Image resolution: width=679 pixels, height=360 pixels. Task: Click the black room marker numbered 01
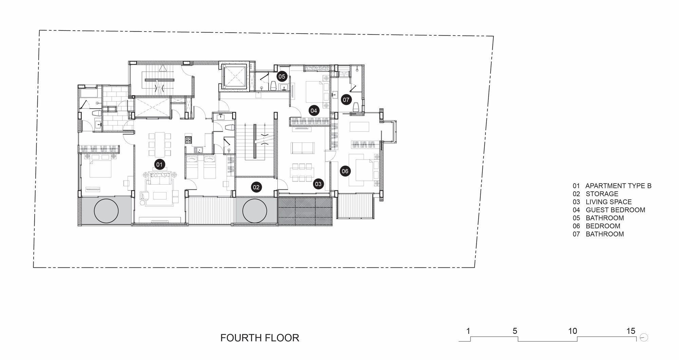pyautogui.click(x=159, y=165)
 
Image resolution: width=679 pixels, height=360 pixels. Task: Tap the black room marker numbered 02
pyautogui.click(x=256, y=187)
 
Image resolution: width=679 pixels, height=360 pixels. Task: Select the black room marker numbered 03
pyautogui.click(x=318, y=184)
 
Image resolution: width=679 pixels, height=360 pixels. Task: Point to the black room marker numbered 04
pyautogui.click(x=313, y=110)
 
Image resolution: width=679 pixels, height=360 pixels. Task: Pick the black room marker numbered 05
pyautogui.click(x=282, y=76)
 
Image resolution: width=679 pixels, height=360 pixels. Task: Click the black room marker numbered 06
pyautogui.click(x=345, y=171)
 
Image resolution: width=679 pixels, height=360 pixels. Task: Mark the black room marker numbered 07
pyautogui.click(x=346, y=100)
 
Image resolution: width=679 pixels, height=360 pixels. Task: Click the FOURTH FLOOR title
pyautogui.click(x=260, y=338)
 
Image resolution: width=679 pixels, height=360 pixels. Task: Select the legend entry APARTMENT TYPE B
pyautogui.click(x=618, y=186)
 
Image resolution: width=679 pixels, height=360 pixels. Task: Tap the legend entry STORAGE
pyautogui.click(x=602, y=194)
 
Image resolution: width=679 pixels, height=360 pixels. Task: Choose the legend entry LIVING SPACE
pyautogui.click(x=609, y=202)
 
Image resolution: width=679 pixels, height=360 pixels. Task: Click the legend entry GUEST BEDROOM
pyautogui.click(x=616, y=210)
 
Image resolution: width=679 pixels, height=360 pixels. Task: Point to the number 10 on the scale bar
pyautogui.click(x=572, y=331)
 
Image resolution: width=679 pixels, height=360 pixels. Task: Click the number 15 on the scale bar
pyautogui.click(x=631, y=331)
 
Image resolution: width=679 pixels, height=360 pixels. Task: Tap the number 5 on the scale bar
pyautogui.click(x=515, y=331)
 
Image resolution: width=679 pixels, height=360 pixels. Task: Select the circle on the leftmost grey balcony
pyautogui.click(x=106, y=210)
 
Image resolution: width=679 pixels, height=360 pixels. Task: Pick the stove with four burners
pyautogui.click(x=188, y=139)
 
